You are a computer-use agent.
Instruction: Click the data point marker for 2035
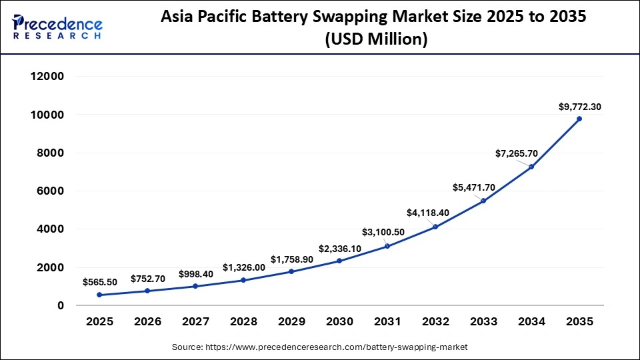pyautogui.click(x=579, y=119)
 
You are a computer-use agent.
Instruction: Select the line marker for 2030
pyautogui.click(x=339, y=261)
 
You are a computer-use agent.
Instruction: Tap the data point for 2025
pyautogui.click(x=99, y=295)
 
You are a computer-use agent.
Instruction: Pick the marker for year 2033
pyautogui.click(x=483, y=201)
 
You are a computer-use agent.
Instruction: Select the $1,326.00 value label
pyautogui.click(x=243, y=267)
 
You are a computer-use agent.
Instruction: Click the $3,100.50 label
pyautogui.click(x=387, y=232)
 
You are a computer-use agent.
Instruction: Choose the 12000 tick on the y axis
pyautogui.click(x=47, y=77)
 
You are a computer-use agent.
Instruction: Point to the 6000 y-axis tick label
pyautogui.click(x=50, y=191)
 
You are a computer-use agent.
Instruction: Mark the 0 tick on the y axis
pyautogui.click(x=60, y=305)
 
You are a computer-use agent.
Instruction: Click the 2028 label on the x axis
pyautogui.click(x=243, y=322)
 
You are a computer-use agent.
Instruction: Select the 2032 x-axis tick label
pyautogui.click(x=435, y=322)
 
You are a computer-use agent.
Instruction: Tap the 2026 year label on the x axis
pyautogui.click(x=147, y=322)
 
